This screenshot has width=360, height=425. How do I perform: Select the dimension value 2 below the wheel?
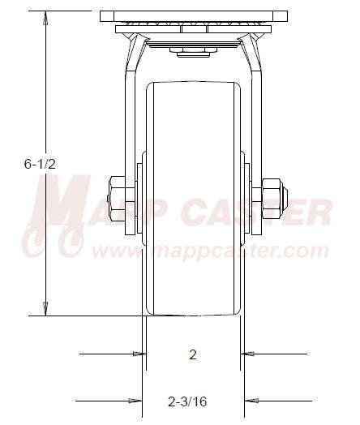point(192,354)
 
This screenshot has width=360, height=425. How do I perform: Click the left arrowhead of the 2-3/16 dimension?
point(135,399)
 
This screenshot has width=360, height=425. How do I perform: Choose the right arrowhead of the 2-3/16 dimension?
point(251,399)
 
